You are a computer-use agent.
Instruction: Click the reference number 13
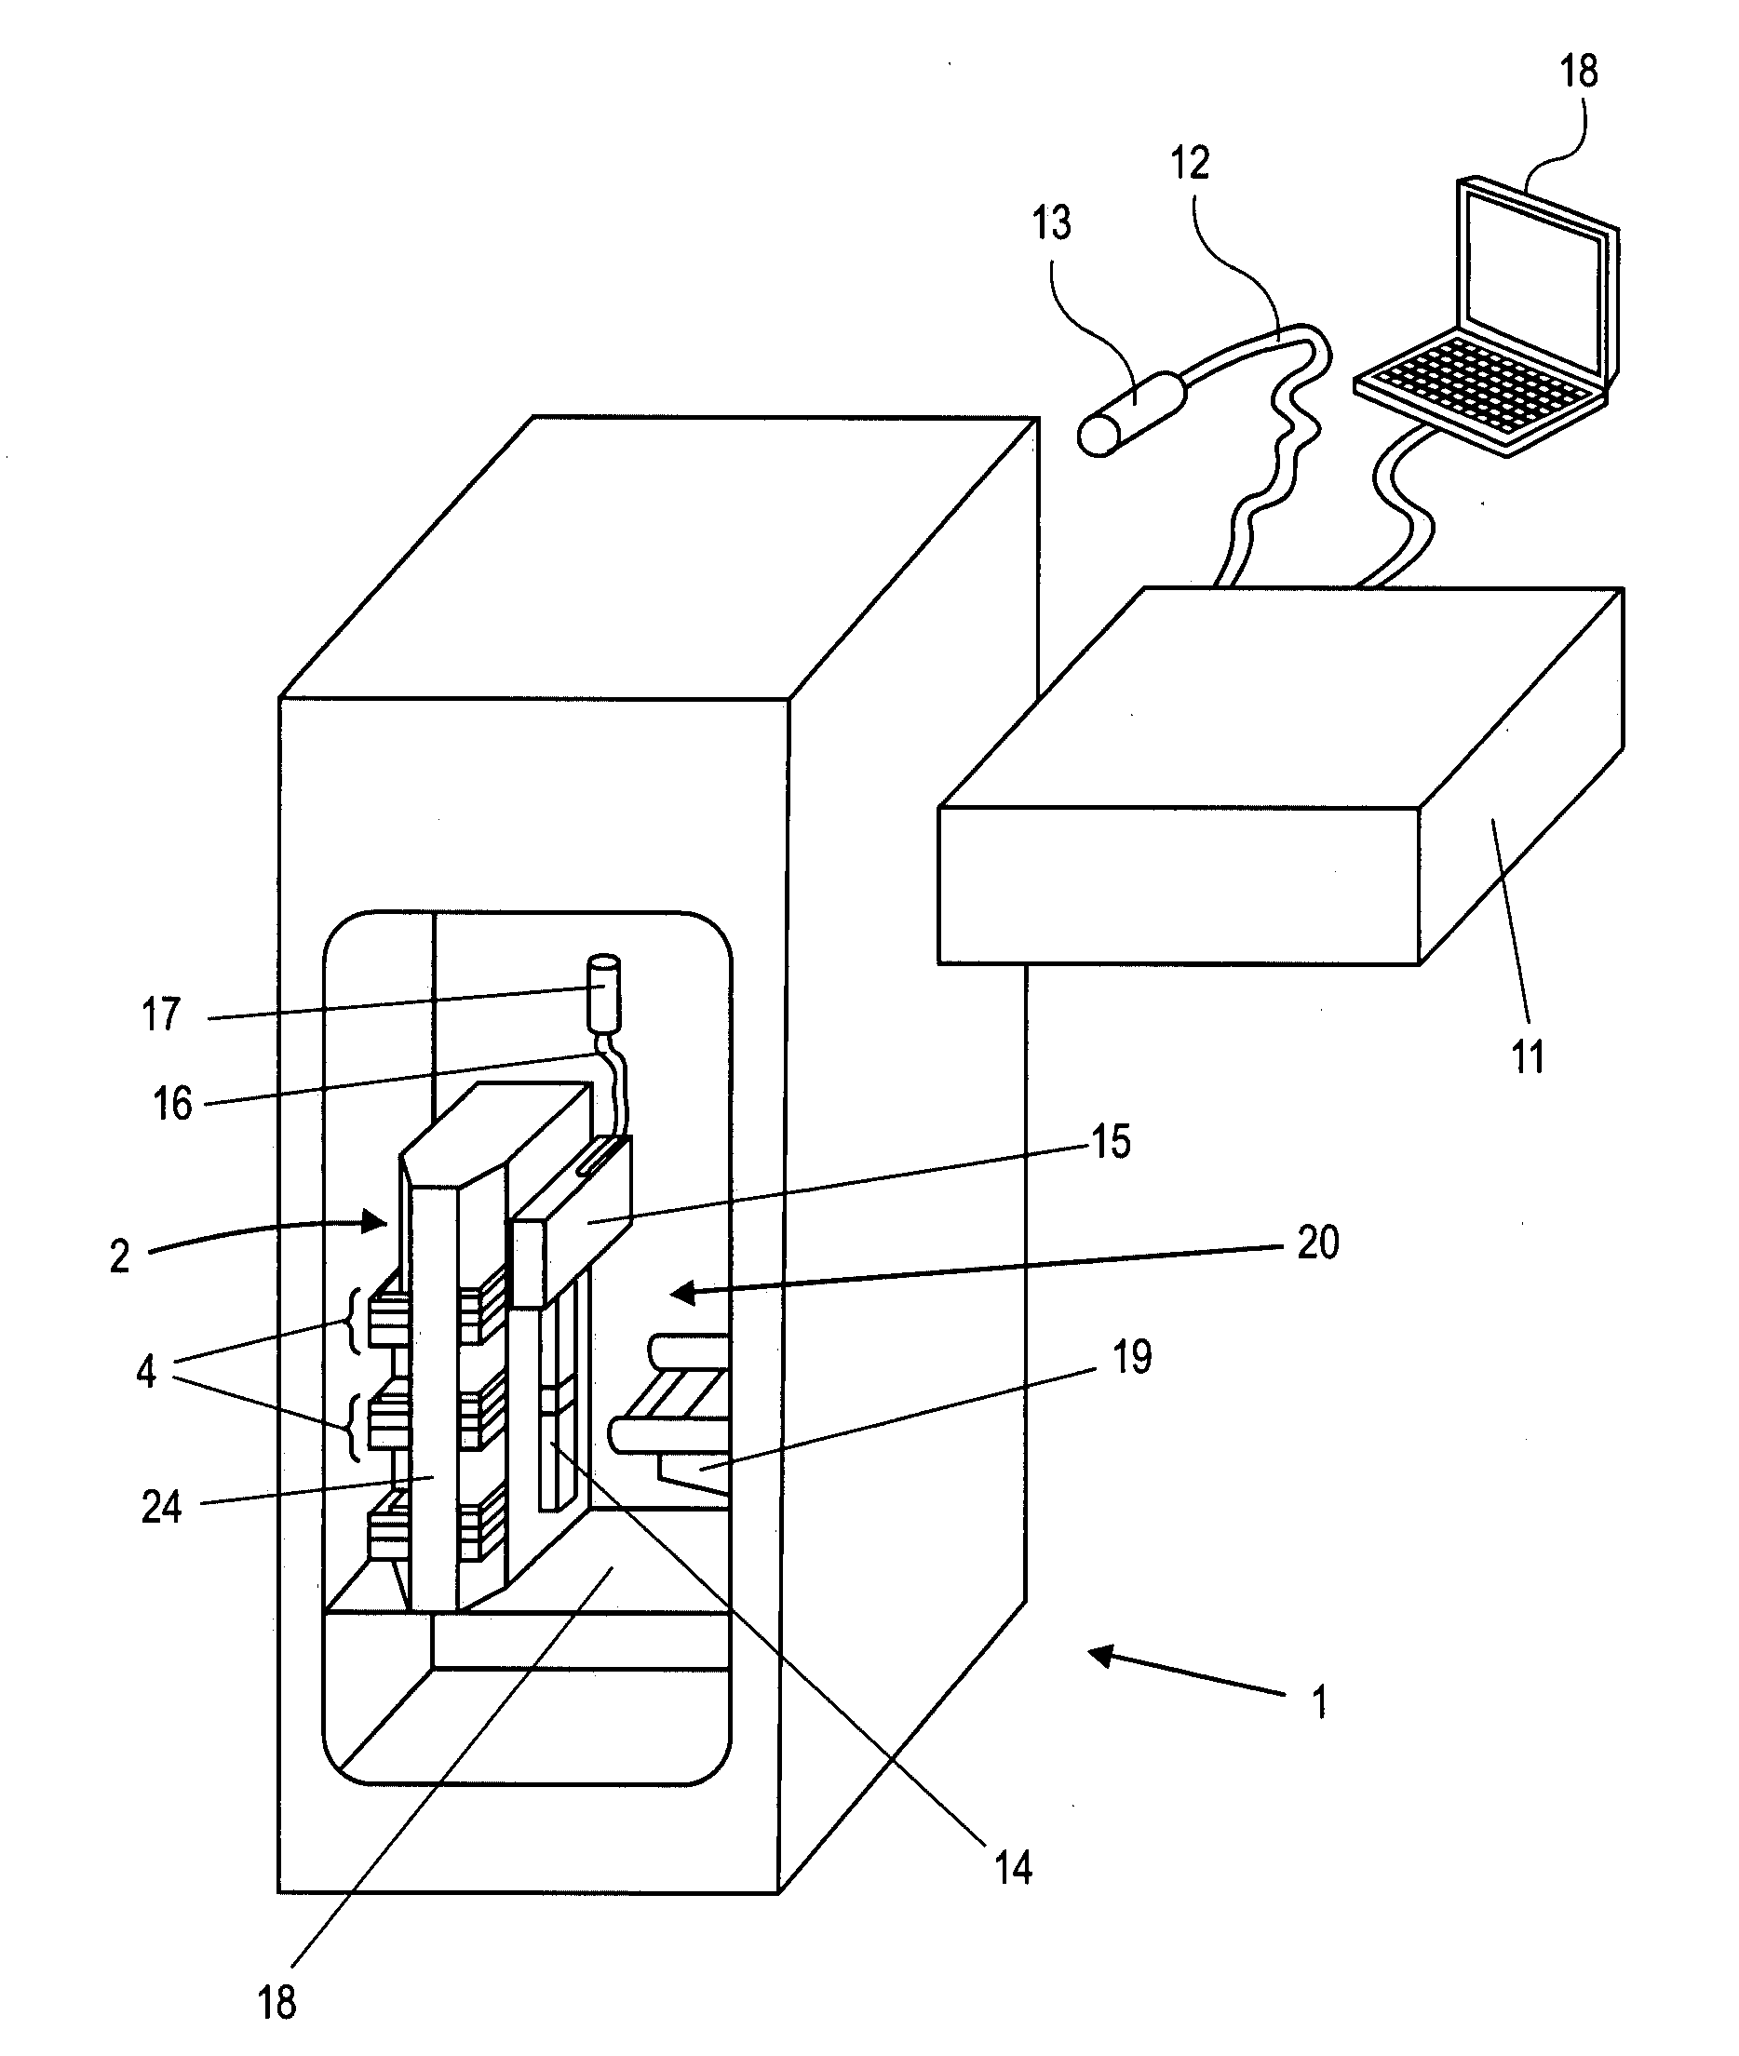1051,223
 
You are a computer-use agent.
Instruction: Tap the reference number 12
1190,163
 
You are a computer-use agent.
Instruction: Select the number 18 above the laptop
1578,71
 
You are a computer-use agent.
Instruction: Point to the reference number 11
1528,1057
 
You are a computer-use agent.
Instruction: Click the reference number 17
161,1015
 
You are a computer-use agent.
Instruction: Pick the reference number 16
171,1104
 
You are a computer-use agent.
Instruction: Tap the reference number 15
1110,1141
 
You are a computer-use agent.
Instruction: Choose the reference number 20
1318,1243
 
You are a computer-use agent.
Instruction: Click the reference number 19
1132,1357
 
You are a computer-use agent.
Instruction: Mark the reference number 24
162,1507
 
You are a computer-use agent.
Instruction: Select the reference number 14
1014,1868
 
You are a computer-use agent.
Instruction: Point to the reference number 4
146,1371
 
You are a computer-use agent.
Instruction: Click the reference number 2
119,1256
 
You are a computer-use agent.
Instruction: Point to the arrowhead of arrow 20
681,1293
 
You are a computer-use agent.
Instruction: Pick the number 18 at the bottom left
276,2002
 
